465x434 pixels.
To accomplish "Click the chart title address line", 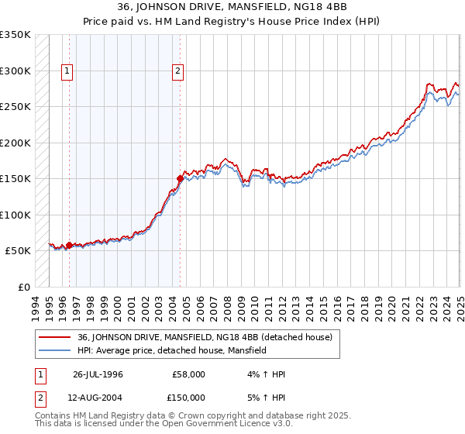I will point(232,7).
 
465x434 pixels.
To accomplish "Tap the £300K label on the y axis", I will point(15,71).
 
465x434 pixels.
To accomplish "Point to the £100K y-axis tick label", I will point(15,215).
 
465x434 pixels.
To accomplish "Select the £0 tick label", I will point(24,287).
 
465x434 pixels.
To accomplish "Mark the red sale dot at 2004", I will point(180,178).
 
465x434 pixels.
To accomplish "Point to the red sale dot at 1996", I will point(69,245).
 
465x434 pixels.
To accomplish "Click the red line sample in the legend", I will point(55,337).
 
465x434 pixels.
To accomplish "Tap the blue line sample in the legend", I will point(55,350).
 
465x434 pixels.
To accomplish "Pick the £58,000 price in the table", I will point(188,374).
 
